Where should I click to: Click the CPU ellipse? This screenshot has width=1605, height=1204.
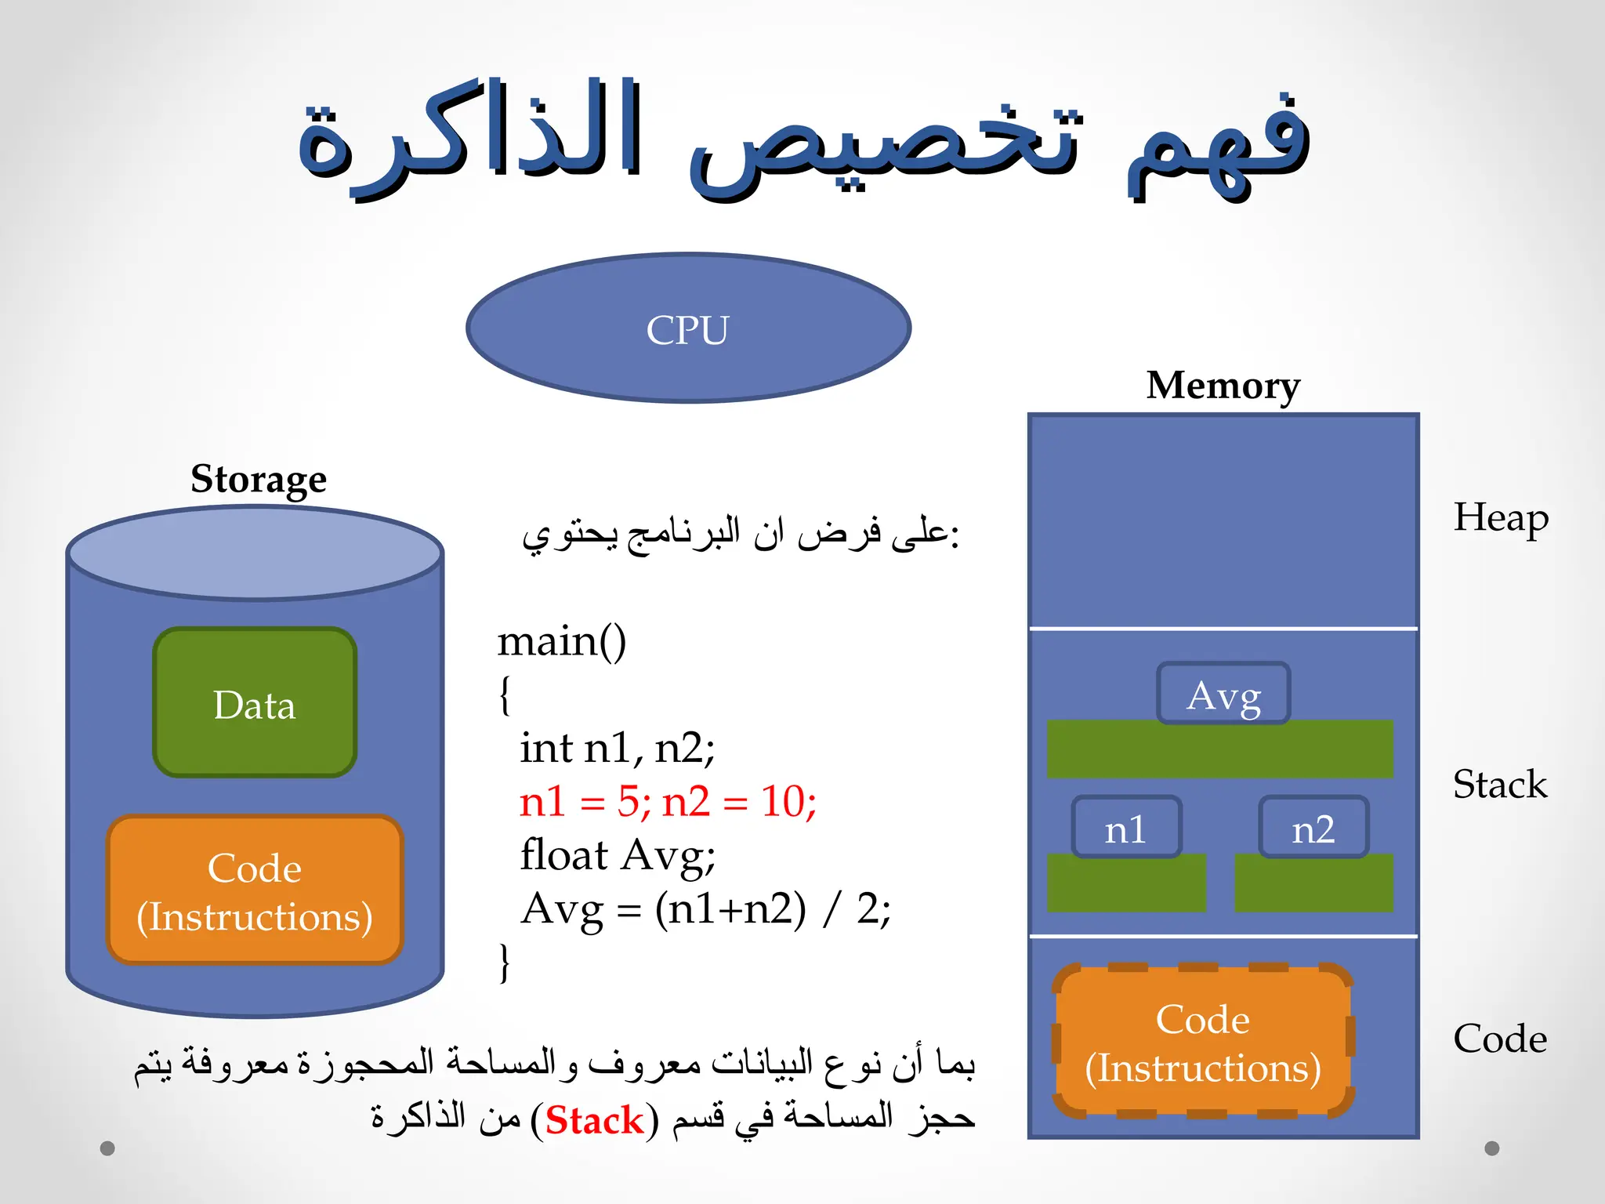(x=688, y=328)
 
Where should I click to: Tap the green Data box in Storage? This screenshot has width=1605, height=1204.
(x=255, y=703)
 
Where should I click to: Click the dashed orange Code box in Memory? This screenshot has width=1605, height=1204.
(x=1203, y=1042)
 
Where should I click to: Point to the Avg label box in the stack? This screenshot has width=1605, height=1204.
(x=1223, y=694)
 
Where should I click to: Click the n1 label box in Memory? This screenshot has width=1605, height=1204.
(x=1126, y=828)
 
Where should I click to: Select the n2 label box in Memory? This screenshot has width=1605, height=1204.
(x=1313, y=828)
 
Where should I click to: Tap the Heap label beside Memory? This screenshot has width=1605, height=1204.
(x=1500, y=518)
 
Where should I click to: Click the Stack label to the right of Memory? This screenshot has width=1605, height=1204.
(x=1499, y=784)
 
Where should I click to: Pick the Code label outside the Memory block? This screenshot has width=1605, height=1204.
(x=1499, y=1039)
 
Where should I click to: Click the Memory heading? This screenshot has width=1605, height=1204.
(x=1223, y=386)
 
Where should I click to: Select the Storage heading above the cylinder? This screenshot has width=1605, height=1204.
(x=259, y=479)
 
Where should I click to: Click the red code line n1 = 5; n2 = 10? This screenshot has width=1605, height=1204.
(x=668, y=802)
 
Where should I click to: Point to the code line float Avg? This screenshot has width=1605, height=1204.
(x=618, y=855)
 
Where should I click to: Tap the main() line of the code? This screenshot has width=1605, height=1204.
(x=562, y=641)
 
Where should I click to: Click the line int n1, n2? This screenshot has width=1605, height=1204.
(x=617, y=748)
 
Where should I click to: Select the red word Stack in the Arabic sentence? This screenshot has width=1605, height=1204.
(x=594, y=1120)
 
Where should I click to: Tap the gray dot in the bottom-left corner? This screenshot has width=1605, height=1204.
(x=107, y=1148)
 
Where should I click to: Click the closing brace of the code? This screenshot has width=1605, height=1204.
(x=505, y=962)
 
